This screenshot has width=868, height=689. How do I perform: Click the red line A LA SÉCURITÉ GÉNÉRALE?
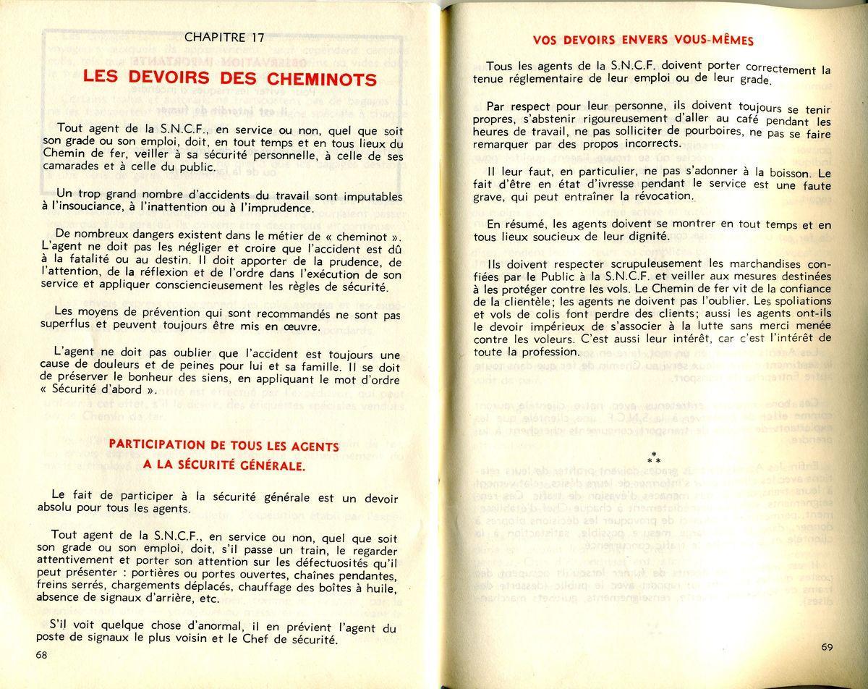[x=224, y=465]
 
